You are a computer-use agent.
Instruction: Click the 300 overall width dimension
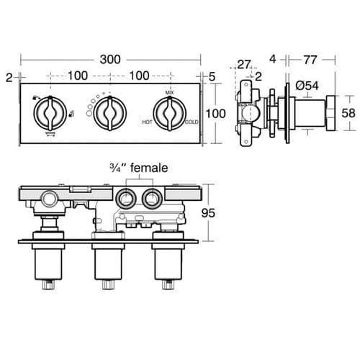(109, 58)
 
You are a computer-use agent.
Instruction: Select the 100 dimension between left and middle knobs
(78, 76)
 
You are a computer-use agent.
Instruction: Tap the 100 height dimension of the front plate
(216, 114)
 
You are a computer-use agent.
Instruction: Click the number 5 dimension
(212, 76)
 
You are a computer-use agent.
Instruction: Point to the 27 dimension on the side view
(245, 65)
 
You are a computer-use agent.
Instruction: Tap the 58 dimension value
(348, 113)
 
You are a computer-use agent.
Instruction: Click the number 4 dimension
(274, 58)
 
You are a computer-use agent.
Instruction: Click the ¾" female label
(138, 168)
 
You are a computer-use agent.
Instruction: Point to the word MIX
(169, 93)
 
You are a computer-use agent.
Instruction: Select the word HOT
(148, 122)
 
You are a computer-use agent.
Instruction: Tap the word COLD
(191, 122)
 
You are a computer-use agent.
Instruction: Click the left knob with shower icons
(47, 112)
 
